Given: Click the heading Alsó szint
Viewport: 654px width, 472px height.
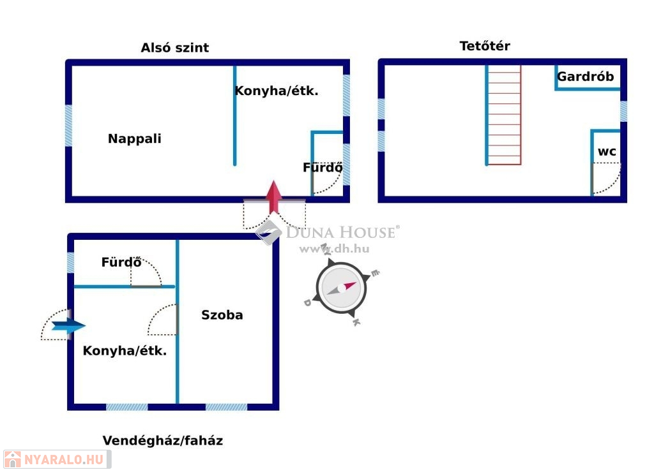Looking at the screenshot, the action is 175,47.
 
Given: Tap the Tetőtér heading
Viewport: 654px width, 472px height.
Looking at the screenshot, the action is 485,45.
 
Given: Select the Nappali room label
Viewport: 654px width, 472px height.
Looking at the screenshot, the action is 134,138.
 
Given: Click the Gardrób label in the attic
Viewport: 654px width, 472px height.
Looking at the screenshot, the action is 585,77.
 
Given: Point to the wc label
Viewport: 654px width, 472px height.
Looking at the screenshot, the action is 607,152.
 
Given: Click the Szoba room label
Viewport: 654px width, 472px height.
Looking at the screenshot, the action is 222,314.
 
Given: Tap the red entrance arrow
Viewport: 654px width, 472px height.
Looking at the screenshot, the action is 273,197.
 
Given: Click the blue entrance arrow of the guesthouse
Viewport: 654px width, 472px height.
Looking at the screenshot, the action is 68,326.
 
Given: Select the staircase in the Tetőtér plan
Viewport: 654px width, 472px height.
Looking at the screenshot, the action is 504,115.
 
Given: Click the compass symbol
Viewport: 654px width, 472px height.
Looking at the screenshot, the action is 342,288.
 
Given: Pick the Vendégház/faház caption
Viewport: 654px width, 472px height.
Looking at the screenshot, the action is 163,440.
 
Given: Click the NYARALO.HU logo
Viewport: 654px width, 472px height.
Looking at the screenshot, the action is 57,459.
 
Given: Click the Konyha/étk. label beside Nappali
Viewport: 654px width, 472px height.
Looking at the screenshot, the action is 277,91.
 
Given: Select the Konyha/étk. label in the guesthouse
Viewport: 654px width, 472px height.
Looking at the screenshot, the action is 125,351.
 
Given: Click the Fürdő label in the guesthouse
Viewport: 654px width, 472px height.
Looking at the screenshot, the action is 121,262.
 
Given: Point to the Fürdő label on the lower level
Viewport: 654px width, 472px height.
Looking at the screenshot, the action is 323,168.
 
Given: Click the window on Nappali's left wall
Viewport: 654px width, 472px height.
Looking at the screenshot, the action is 69,126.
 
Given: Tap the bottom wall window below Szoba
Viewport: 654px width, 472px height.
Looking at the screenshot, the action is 226,407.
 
